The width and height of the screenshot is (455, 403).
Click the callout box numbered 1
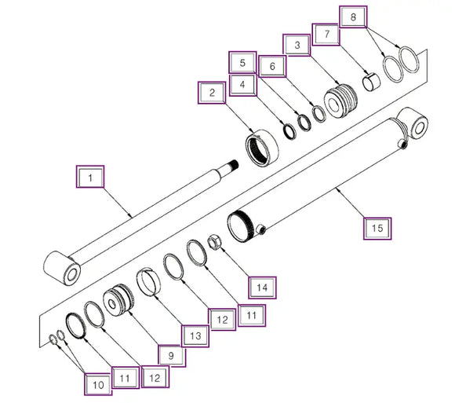click(90, 177)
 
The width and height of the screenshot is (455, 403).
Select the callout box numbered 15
click(377, 229)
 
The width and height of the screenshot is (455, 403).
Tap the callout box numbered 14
click(262, 288)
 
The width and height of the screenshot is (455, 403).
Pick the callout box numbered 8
click(353, 16)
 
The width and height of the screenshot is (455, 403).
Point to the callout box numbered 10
click(98, 384)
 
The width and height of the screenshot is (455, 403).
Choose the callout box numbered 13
click(195, 336)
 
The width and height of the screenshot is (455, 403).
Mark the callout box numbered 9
click(172, 355)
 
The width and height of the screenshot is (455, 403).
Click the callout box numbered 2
click(212, 93)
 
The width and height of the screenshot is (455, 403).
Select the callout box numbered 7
click(326, 35)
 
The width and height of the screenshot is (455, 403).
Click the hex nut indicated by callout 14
click(214, 243)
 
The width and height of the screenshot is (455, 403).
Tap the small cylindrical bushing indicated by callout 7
click(371, 82)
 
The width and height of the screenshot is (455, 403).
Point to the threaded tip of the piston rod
click(233, 165)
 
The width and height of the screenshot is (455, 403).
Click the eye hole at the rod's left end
click(71, 274)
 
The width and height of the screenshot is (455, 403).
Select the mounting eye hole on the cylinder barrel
click(420, 127)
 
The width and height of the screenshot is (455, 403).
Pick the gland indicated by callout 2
click(262, 148)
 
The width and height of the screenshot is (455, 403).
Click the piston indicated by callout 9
click(118, 300)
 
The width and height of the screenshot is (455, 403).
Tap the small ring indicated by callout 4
click(289, 131)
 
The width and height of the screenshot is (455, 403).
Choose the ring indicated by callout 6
click(319, 113)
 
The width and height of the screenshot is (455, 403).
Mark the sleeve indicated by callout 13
click(148, 282)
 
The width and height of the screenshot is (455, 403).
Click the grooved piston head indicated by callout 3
click(340, 101)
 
